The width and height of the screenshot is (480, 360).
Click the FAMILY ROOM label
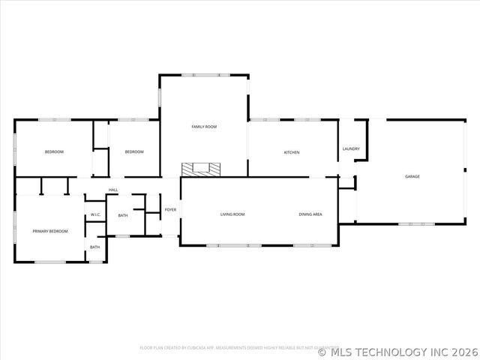coord(204,127)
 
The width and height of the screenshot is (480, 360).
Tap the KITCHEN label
coord(292,152)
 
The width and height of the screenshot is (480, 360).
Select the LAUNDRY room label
coord(351,148)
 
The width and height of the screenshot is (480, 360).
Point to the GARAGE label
coord(412,176)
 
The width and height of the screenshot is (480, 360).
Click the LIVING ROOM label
coord(232,214)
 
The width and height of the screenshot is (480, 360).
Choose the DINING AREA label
coord(310,214)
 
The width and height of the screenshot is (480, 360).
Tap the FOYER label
coord(171,209)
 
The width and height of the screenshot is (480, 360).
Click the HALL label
coord(113,190)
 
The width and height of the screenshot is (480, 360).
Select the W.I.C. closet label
coord(96,215)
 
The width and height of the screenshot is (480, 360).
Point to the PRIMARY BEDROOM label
coord(50,231)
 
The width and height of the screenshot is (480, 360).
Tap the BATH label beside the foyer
coord(123,216)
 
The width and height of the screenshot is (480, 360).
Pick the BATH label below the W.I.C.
coord(95,247)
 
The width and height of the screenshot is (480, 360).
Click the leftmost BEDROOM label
coord(54,152)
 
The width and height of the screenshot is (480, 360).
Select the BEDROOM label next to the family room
coord(134,152)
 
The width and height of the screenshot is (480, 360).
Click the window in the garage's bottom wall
coord(416,223)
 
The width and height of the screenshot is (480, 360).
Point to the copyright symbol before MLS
coord(322,352)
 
